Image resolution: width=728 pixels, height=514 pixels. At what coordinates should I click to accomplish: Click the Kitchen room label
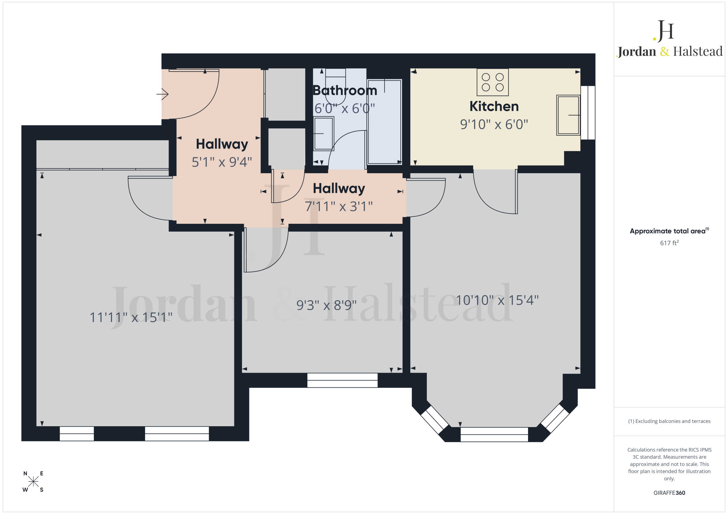(494, 106)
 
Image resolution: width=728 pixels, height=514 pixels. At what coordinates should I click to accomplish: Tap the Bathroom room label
(345, 91)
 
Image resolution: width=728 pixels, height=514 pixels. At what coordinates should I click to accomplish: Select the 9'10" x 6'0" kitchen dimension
(494, 124)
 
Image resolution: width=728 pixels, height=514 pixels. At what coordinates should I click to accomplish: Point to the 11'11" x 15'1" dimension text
(131, 317)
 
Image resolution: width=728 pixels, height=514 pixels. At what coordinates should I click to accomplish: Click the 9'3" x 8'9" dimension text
(326, 305)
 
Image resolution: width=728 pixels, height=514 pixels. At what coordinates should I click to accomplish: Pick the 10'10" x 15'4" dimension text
(497, 300)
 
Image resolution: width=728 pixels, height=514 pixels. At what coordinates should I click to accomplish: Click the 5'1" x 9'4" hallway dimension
(222, 162)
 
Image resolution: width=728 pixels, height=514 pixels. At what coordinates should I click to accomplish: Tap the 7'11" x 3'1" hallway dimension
(339, 206)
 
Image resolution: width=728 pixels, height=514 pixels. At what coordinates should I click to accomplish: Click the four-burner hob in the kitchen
(493, 82)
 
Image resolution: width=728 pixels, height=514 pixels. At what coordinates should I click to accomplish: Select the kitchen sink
(568, 115)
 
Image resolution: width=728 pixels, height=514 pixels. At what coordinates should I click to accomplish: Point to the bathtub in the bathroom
(384, 122)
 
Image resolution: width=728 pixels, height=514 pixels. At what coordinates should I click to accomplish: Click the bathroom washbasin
(324, 134)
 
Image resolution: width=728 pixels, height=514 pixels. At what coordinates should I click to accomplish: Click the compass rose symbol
(33, 482)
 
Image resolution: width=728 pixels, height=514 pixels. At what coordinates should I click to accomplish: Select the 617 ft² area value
(669, 243)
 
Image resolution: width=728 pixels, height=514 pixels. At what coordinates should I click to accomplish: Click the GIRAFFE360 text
(669, 493)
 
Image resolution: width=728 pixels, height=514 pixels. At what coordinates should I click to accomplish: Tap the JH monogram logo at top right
(663, 31)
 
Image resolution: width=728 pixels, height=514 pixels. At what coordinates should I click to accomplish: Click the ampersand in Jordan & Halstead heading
(665, 51)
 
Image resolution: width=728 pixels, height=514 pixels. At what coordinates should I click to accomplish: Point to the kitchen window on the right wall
(588, 113)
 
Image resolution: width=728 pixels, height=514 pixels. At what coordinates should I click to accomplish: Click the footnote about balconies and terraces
(669, 421)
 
